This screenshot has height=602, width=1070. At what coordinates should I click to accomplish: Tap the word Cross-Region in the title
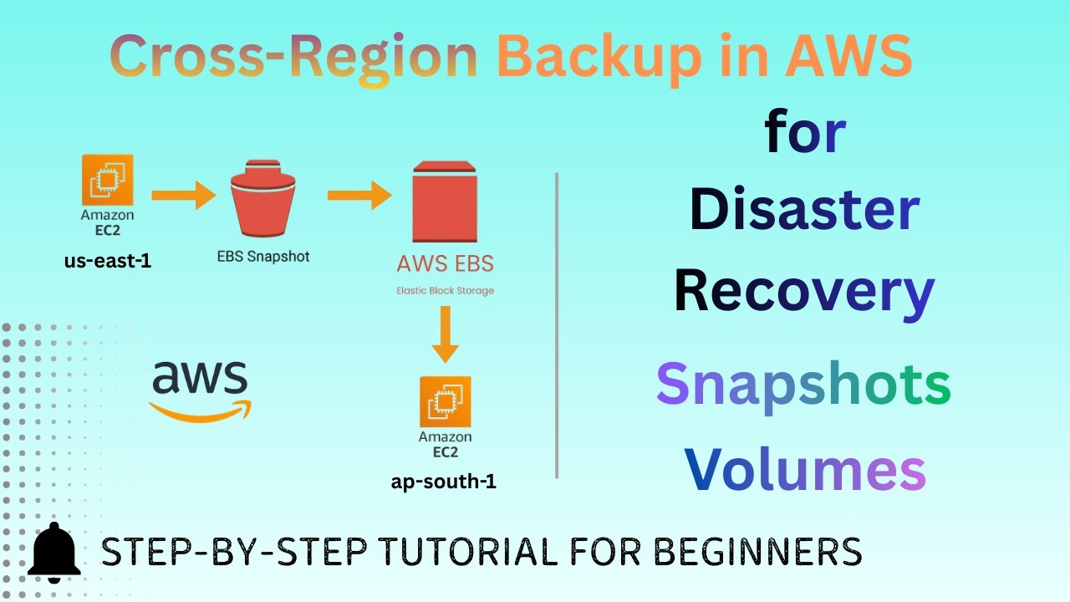tap(293, 57)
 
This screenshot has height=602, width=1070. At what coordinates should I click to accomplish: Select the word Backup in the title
tap(599, 57)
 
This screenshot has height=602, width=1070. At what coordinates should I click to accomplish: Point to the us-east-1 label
tap(108, 262)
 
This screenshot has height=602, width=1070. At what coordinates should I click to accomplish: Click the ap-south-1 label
tap(444, 482)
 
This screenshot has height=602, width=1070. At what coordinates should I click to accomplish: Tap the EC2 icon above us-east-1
tap(108, 180)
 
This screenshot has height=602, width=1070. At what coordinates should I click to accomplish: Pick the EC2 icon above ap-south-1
tap(445, 401)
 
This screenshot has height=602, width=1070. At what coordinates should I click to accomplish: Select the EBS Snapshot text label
tap(262, 257)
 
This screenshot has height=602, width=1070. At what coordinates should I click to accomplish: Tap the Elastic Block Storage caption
tap(445, 291)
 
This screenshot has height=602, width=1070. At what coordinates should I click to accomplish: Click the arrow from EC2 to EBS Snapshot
tap(183, 197)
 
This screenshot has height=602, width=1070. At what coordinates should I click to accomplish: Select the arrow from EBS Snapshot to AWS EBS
tap(359, 197)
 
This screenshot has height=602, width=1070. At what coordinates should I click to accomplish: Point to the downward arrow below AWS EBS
tap(445, 334)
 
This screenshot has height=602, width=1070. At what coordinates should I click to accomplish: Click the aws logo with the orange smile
tap(200, 390)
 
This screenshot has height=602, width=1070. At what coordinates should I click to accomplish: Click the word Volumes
tap(804, 469)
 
